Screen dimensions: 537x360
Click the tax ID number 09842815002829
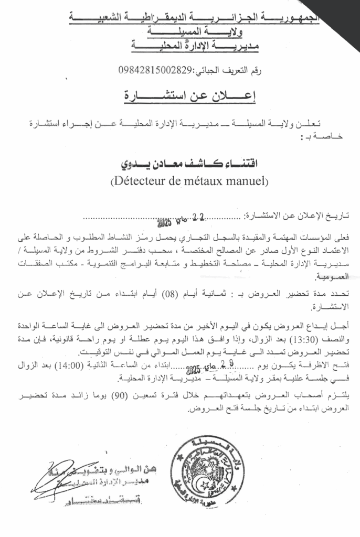click(x=156, y=70)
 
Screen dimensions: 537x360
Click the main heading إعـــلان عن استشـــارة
click(x=179, y=96)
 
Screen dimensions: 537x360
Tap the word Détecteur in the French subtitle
click(x=139, y=182)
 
